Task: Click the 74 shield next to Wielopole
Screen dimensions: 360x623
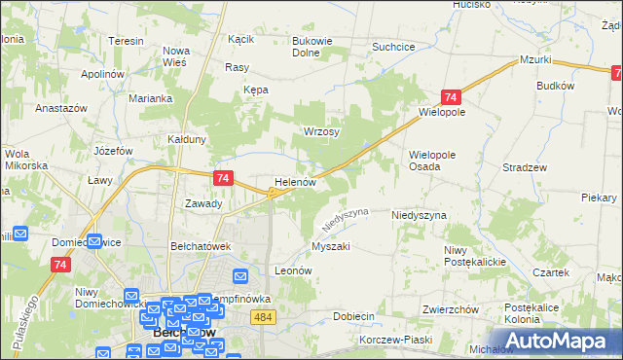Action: (450, 97)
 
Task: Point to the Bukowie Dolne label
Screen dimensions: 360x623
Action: (314, 48)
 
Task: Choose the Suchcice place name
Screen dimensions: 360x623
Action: (394, 47)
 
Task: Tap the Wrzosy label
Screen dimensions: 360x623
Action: (321, 131)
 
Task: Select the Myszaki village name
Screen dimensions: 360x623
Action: (330, 246)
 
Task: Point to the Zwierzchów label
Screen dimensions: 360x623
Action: (449, 309)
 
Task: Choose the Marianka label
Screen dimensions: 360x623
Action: (153, 98)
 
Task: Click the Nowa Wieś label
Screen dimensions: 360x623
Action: (176, 56)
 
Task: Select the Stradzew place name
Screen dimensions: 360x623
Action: (524, 167)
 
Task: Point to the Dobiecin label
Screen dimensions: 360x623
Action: (354, 316)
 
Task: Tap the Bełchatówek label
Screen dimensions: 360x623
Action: (200, 246)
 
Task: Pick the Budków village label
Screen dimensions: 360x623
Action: (556, 86)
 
